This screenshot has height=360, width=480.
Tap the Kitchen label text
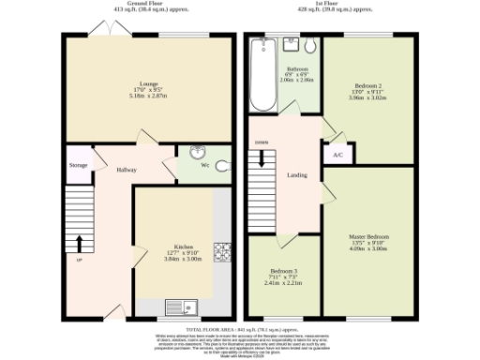(172, 250)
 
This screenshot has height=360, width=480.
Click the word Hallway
(127, 170)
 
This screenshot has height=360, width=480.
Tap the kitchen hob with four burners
(223, 250)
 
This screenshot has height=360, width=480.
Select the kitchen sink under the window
(179, 307)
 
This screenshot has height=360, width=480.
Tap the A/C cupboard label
(337, 155)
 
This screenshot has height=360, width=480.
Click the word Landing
(298, 174)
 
